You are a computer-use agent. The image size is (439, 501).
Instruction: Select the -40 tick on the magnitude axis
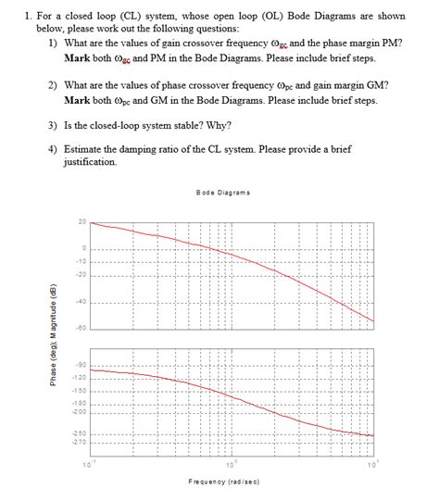coord(81,302)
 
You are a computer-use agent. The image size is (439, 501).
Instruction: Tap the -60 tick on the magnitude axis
coord(81,329)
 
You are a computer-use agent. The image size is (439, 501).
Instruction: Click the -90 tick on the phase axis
coord(81,365)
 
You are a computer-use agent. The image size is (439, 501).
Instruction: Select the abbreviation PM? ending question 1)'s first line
coord(392,43)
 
